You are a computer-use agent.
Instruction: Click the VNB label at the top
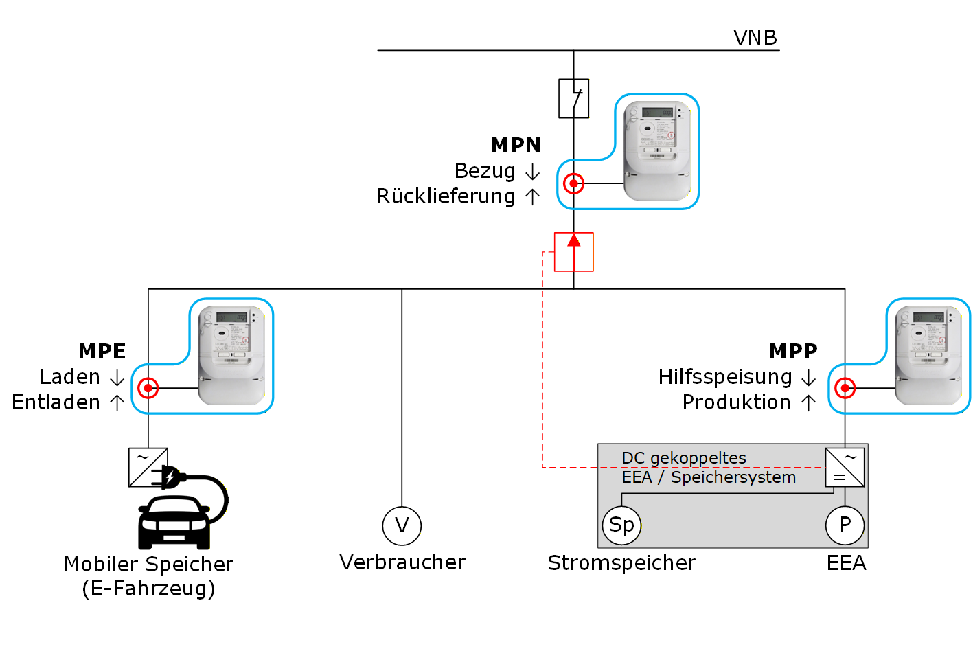(x=755, y=37)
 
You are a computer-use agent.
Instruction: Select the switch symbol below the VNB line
(x=573, y=98)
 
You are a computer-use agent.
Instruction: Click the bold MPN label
(x=516, y=146)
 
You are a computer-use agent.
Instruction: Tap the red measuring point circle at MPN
(x=573, y=183)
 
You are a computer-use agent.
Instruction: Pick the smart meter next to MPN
(x=656, y=151)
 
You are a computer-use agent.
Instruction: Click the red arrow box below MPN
(x=573, y=251)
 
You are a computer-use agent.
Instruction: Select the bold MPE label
(x=102, y=351)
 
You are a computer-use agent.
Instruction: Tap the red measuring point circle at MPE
(x=148, y=388)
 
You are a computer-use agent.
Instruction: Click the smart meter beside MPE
(x=231, y=355)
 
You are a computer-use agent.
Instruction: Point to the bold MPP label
(x=793, y=351)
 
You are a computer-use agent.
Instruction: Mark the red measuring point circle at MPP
(x=845, y=388)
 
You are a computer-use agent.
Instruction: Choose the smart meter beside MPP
(x=928, y=355)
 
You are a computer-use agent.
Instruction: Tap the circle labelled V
(x=402, y=525)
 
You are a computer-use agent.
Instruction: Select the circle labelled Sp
(x=621, y=525)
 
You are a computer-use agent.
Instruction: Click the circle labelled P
(x=845, y=525)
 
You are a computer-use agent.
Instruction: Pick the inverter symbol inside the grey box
(x=845, y=468)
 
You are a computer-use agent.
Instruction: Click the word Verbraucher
(x=402, y=562)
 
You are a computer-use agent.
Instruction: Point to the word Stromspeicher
(x=621, y=563)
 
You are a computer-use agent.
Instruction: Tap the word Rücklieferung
(x=446, y=196)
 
